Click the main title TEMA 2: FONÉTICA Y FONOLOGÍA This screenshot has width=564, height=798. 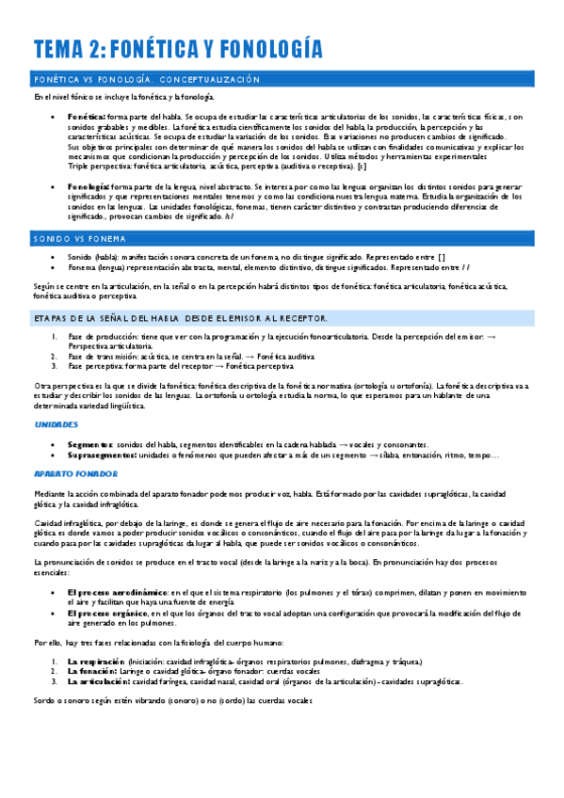coord(177,49)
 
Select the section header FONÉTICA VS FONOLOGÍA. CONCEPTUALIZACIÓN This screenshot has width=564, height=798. coord(147,79)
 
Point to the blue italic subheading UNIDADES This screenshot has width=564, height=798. coord(56,424)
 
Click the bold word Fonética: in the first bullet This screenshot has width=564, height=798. coord(88,115)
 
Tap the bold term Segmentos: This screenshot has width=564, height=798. coord(90,443)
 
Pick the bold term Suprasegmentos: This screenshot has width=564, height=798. coord(102,455)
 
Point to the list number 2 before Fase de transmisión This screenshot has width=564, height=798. coord(54,357)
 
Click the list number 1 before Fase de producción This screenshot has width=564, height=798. coord(54,337)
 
